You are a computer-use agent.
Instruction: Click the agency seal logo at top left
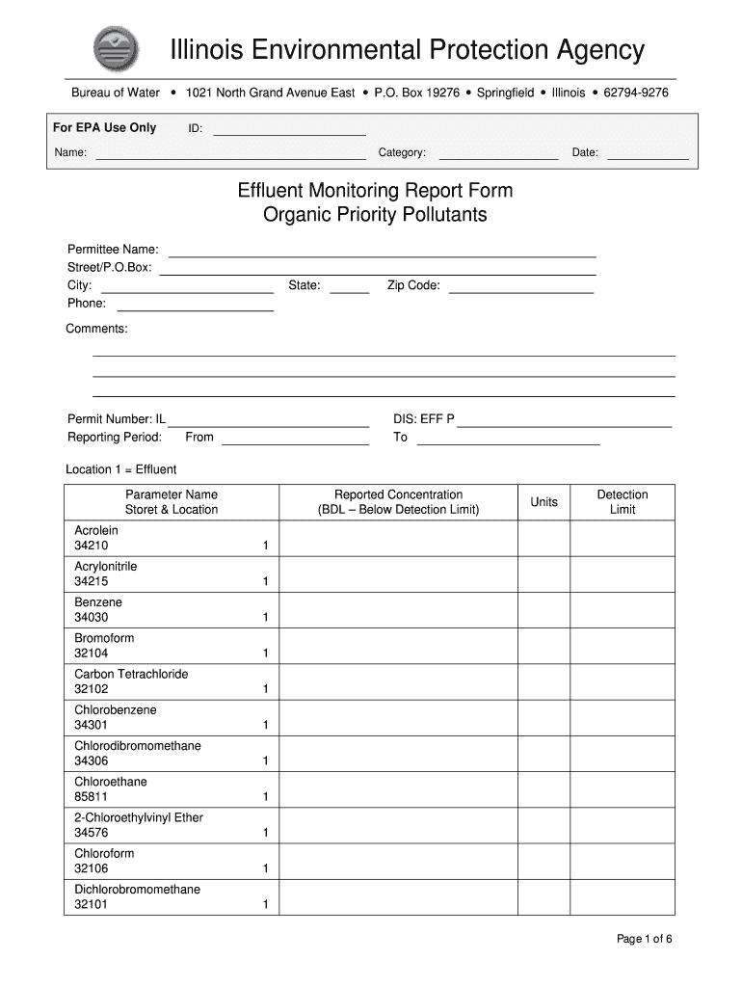(116, 49)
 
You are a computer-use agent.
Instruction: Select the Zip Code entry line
(520, 286)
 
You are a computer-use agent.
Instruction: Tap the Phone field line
(195, 305)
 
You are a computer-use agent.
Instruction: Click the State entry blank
(350, 286)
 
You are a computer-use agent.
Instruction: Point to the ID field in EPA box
(289, 129)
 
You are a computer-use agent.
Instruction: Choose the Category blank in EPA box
(498, 153)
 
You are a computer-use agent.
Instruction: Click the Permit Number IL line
(268, 420)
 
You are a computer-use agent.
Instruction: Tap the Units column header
(543, 502)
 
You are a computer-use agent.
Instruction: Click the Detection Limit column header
(622, 502)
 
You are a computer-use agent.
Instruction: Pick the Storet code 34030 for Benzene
(92, 618)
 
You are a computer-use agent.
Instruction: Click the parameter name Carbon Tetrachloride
(131, 674)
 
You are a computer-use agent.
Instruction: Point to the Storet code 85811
(92, 797)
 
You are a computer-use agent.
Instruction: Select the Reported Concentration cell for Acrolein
(398, 539)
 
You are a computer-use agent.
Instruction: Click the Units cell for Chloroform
(543, 862)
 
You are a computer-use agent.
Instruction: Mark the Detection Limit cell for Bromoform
(622, 646)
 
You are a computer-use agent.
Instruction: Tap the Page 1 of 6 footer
(644, 940)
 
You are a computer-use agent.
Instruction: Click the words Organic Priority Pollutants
(375, 215)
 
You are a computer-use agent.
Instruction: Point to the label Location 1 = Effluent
(121, 469)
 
